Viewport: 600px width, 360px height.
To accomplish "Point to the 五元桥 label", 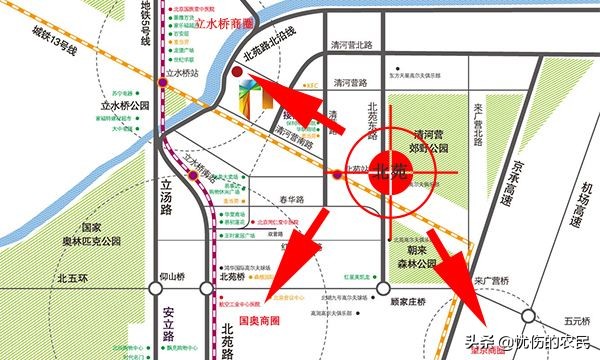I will [576, 321].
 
